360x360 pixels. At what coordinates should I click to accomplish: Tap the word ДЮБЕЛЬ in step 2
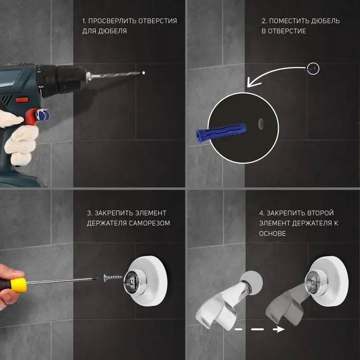pos(326,21)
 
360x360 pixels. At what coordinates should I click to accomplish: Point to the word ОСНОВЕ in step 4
pos(273,233)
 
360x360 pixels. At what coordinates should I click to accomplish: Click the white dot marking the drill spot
pos(143,73)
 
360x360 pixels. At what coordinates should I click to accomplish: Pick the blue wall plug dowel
pos(221,133)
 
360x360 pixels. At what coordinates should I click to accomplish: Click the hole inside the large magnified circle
pos(261,124)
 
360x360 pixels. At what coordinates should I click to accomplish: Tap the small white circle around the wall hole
pos(313,68)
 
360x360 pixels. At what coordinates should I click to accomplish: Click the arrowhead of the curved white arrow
pos(253,82)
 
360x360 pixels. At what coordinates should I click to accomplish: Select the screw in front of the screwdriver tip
pos(113,277)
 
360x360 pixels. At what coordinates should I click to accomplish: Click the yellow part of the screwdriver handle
pos(19,285)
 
